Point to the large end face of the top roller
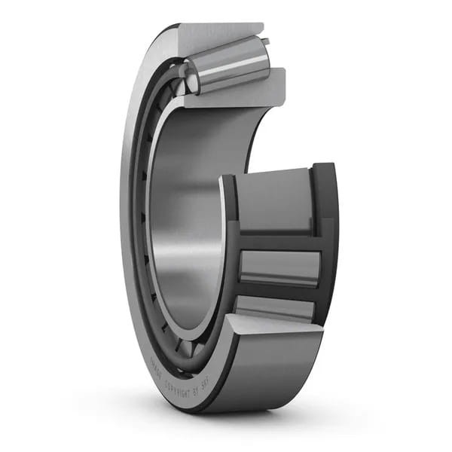191,76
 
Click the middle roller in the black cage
279,267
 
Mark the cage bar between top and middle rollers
279,241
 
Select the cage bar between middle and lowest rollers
279,291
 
